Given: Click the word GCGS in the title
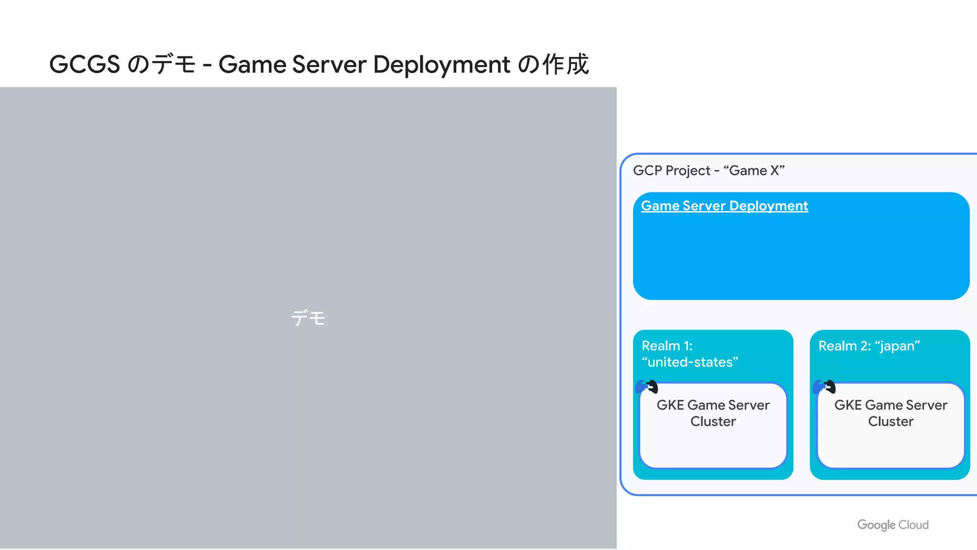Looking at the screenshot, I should pos(84,64).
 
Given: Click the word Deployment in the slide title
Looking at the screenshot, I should pos(441,64).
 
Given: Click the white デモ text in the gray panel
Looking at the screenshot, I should pos(308,318).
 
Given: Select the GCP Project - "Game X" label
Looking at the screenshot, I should pos(708,170).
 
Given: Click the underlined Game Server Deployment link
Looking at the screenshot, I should pos(724,206).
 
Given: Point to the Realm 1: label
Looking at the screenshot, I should pos(667,346).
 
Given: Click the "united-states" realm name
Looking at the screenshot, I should pos(690,362).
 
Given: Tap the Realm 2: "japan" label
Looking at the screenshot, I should pos(869,346).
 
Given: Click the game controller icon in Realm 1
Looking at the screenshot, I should pos(647,386).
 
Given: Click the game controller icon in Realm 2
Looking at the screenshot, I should pos(824,386).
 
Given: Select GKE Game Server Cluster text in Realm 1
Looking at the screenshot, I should pos(713,413).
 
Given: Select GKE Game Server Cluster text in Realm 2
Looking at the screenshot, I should pos(891,413).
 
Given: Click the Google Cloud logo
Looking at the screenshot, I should pos(893,525).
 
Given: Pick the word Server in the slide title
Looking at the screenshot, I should pos(329,64).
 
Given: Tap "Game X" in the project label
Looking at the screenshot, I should pos(754,170).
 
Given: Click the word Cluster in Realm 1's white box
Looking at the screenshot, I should pos(713,421).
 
